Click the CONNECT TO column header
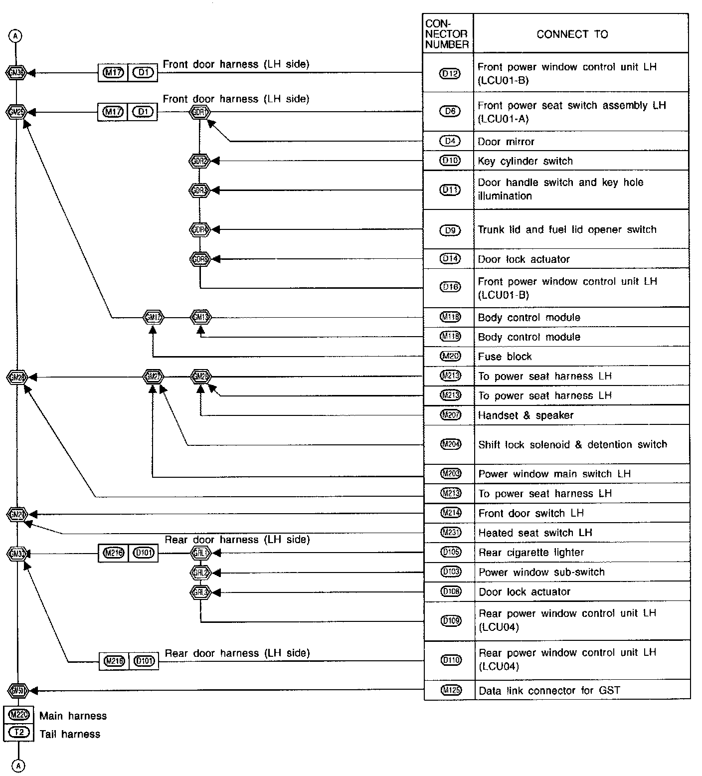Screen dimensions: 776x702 click(x=572, y=34)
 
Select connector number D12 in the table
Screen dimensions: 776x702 click(x=450, y=74)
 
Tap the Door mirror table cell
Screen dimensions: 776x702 click(x=506, y=142)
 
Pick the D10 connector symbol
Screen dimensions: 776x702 click(x=450, y=161)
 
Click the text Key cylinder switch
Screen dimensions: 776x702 click(x=525, y=161)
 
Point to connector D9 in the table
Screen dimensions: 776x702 click(x=450, y=230)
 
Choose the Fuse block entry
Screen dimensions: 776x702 click(x=505, y=357)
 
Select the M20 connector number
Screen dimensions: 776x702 click(x=450, y=356)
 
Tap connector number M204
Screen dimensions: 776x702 click(x=450, y=444)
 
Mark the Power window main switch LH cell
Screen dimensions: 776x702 click(x=554, y=474)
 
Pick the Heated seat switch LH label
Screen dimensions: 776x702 click(x=535, y=533)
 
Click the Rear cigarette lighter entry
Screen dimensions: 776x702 click(x=531, y=553)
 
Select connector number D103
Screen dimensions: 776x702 click(x=451, y=572)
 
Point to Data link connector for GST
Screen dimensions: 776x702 click(x=549, y=691)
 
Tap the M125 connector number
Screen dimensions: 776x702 click(x=451, y=690)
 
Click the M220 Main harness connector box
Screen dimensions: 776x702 click(x=19, y=715)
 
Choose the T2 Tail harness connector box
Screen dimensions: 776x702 click(x=19, y=733)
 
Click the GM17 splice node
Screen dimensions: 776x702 click(x=153, y=317)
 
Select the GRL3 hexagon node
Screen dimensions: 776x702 click(x=200, y=592)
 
